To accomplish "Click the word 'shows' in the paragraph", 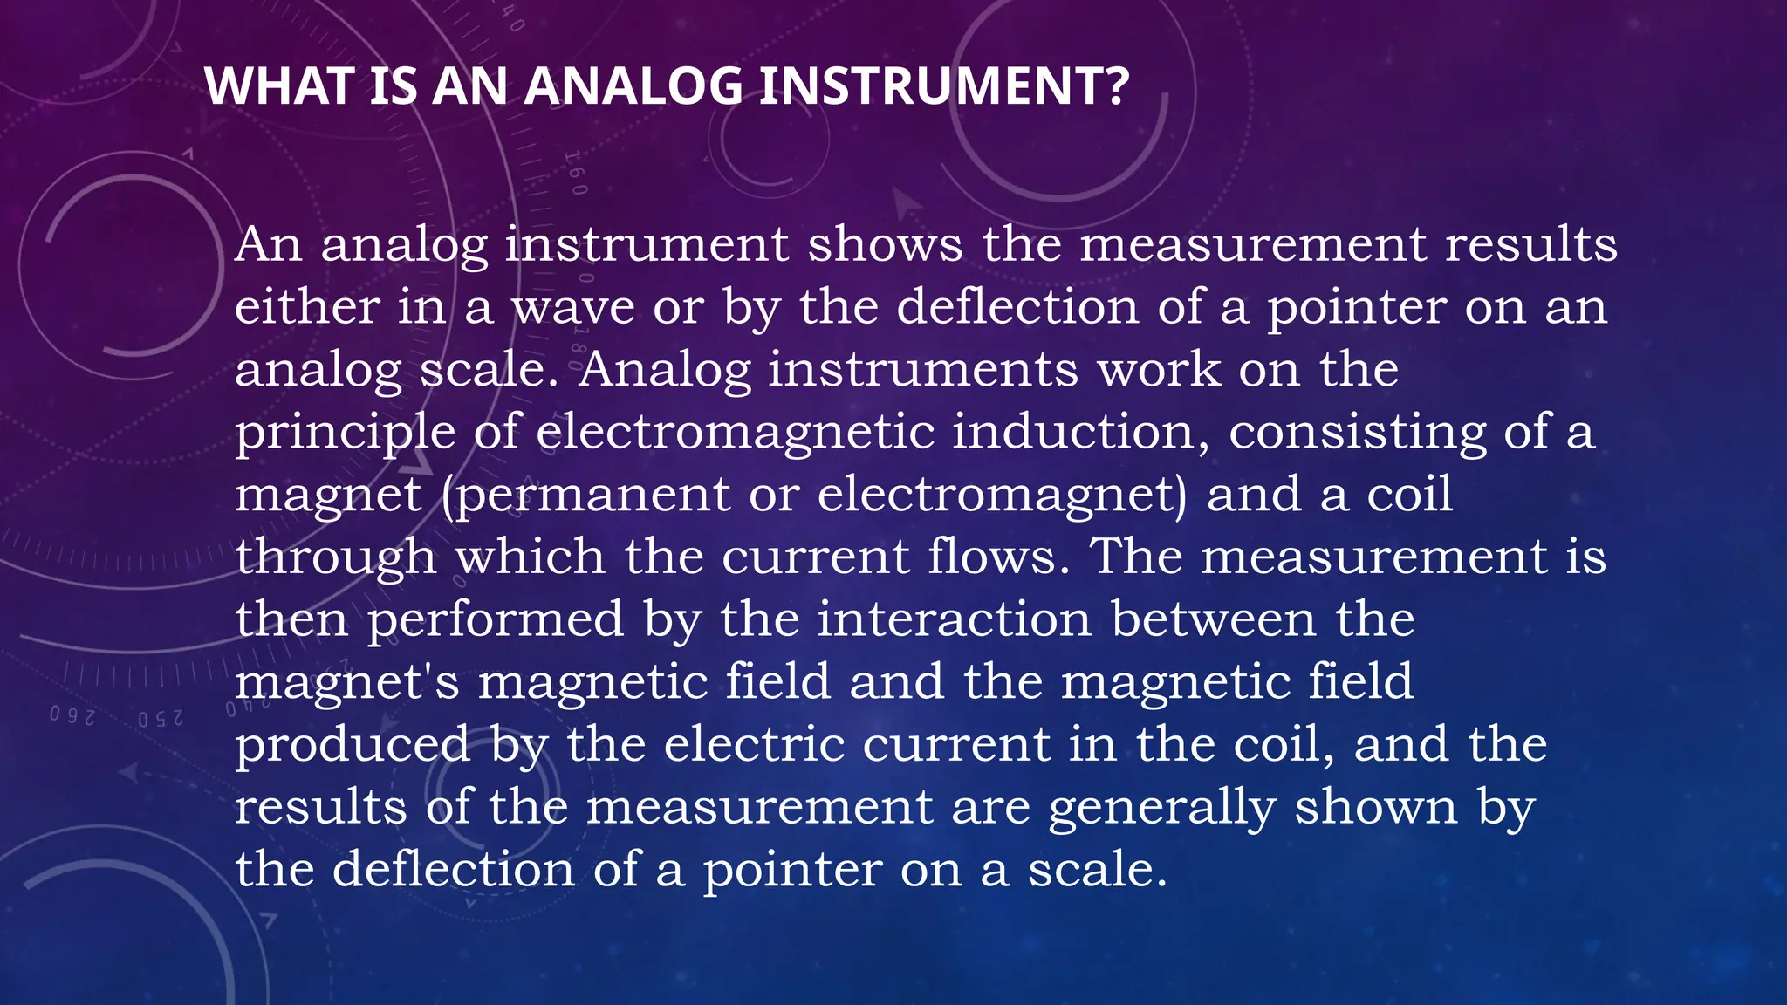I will tap(885, 244).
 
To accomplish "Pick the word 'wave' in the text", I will tap(572, 307).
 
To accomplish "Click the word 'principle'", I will tap(345, 434).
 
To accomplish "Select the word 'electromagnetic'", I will tap(734, 432).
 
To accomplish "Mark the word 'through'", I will tap(335, 558).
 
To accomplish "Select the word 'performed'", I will tap(495, 621).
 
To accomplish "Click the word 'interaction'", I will tap(954, 619).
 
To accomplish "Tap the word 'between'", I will tap(1213, 619).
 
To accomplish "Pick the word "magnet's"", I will tap(346, 683).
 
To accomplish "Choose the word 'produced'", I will tap(353, 746).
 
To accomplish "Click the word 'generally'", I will tap(1161, 809).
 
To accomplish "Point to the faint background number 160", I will tap(577, 172).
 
